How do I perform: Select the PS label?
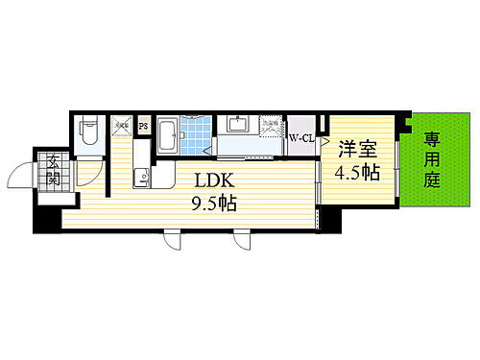(x=143, y=124)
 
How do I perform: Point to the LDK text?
(x=218, y=180)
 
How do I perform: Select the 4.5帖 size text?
(x=356, y=174)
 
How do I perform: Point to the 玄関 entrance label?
(x=53, y=171)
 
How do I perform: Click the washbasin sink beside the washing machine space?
(x=237, y=125)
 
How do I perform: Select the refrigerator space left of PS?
(x=122, y=125)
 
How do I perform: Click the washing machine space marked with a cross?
(x=274, y=126)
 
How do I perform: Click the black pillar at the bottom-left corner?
(x=46, y=223)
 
